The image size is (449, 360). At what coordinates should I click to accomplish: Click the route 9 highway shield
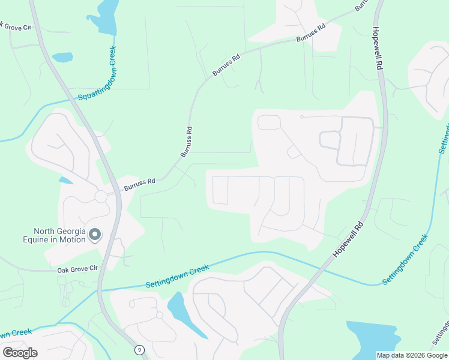click(x=140, y=349)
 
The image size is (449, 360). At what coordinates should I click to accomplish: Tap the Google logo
click(x=20, y=353)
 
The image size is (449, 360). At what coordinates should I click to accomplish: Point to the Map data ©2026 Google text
click(x=412, y=355)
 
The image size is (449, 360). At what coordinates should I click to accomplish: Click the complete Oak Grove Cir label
click(x=77, y=271)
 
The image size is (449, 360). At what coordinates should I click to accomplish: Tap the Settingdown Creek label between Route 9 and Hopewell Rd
click(x=177, y=277)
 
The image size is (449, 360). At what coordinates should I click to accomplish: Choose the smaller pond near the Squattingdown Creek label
click(x=62, y=58)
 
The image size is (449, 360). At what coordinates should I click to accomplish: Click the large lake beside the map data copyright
click(x=372, y=337)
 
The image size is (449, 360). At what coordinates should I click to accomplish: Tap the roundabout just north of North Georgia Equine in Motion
click(x=100, y=196)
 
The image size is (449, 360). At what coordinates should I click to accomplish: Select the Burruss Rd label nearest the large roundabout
click(x=140, y=184)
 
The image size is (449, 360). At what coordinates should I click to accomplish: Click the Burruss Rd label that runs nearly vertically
click(x=187, y=142)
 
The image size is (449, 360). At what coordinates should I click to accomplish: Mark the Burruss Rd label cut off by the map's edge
click(x=361, y=5)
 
